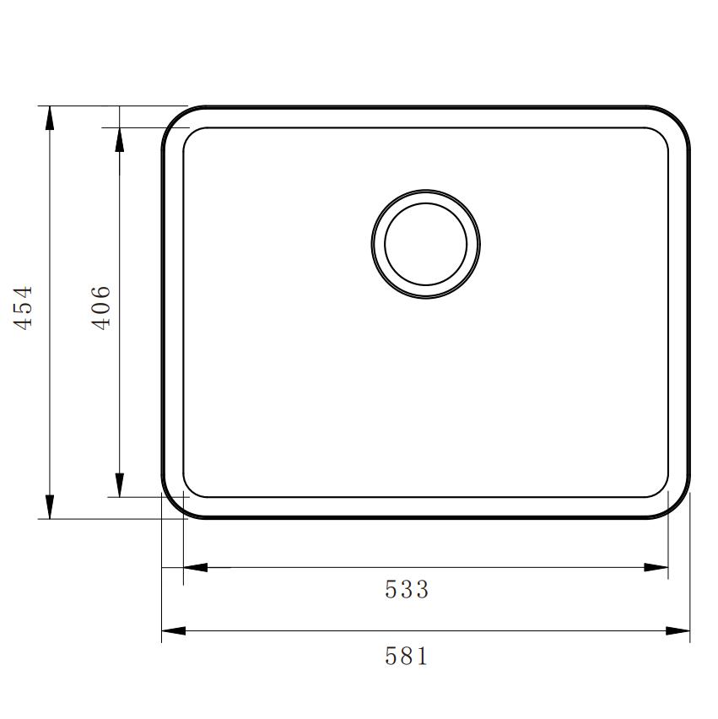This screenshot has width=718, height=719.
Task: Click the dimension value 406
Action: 100,306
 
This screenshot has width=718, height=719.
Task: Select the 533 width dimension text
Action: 407,589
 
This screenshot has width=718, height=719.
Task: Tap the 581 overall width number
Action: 407,656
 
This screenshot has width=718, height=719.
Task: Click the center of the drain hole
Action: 425,244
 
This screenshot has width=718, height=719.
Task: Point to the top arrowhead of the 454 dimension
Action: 50,117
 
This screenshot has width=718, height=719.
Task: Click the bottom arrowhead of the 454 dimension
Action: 50,506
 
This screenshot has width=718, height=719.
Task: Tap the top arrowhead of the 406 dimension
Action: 119,139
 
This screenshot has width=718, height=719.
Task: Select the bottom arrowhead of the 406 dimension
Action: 119,485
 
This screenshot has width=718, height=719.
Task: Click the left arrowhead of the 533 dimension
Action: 195,567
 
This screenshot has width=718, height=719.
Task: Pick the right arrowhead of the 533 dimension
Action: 656,567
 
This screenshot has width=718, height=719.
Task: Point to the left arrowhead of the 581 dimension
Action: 173,630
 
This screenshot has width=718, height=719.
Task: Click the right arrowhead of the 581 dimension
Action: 678,630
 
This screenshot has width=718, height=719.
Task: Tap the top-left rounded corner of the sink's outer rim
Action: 175,120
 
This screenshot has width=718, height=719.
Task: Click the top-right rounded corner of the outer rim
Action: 677,120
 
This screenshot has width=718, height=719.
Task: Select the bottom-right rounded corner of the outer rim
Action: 677,505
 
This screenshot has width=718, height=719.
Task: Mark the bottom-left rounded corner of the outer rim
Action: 175,505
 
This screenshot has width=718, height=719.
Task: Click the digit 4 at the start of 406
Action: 100,322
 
